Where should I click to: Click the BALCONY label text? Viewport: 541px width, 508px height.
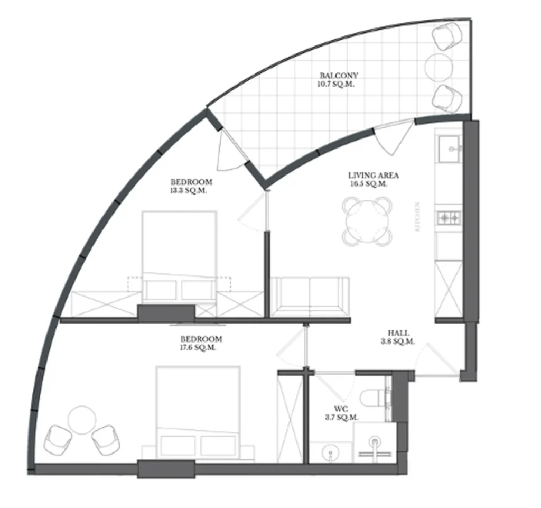(x=335, y=76)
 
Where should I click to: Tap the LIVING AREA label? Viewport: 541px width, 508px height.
(x=373, y=176)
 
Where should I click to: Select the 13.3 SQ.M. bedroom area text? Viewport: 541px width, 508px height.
(x=188, y=191)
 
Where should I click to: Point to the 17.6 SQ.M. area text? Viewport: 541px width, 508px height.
(x=201, y=348)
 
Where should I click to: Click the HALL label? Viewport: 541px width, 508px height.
(x=397, y=333)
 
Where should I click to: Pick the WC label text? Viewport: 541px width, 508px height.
(x=340, y=409)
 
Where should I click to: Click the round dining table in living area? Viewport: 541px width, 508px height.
(x=368, y=221)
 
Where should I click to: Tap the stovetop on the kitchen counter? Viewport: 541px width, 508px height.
(x=449, y=217)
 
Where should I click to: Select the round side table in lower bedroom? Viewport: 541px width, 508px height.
(x=82, y=419)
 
